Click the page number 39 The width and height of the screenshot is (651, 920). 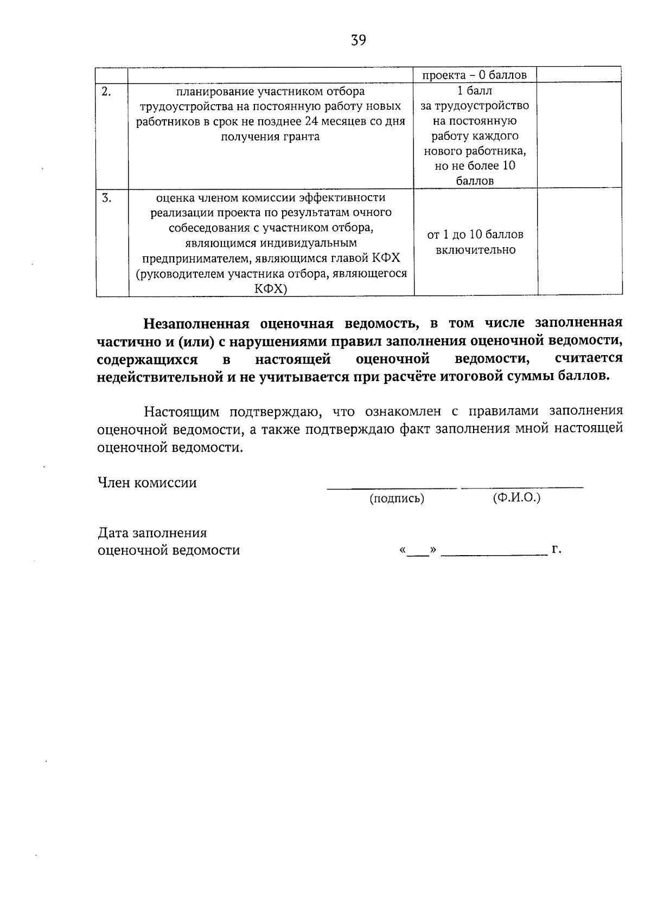pyautogui.click(x=359, y=40)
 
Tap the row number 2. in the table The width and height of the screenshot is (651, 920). pyautogui.click(x=106, y=92)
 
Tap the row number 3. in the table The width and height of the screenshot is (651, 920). pyautogui.click(x=107, y=198)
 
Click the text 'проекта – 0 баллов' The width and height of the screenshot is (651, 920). pyautogui.click(x=475, y=75)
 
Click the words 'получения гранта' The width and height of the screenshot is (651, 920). pyautogui.click(x=270, y=137)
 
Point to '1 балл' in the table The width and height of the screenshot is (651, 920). pyautogui.click(x=475, y=91)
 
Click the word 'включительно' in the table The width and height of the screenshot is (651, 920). pyautogui.click(x=475, y=250)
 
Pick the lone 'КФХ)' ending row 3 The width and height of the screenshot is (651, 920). pyautogui.click(x=271, y=289)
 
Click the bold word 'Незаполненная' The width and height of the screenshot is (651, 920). pyautogui.click(x=196, y=324)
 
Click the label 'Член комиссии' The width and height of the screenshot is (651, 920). pyautogui.click(x=147, y=482)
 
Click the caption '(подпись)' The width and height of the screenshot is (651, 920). pyautogui.click(x=397, y=499)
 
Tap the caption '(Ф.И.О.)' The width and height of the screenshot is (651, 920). pyautogui.click(x=516, y=498)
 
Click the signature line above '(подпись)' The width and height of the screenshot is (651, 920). pyautogui.click(x=392, y=488)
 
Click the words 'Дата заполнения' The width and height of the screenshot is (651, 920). pyautogui.click(x=152, y=533)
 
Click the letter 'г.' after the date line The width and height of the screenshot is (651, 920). pyautogui.click(x=556, y=550)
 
